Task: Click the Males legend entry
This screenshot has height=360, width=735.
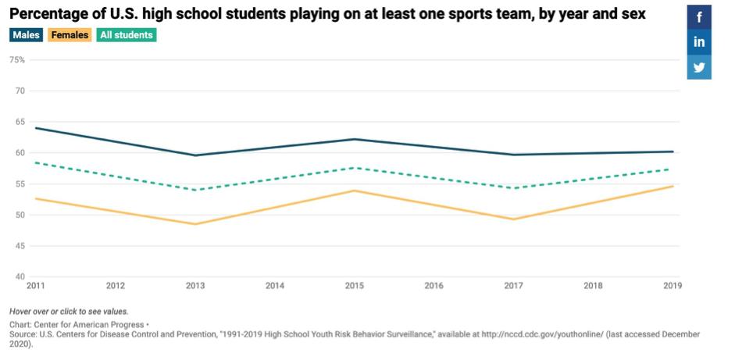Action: (26, 35)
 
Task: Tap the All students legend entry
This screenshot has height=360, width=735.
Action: (126, 35)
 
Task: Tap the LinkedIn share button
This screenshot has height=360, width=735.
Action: (699, 42)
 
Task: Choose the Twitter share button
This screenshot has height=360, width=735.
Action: (699, 67)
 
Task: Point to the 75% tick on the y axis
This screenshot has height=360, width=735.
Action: (17, 60)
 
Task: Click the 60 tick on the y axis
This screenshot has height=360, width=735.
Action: (21, 153)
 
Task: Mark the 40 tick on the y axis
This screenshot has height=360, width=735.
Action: (21, 276)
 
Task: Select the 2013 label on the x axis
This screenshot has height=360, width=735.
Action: (195, 286)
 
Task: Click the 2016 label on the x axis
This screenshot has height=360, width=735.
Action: (434, 286)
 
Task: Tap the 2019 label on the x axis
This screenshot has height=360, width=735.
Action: (673, 286)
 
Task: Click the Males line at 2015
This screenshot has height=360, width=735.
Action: (355, 139)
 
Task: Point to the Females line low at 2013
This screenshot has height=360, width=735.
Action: (195, 224)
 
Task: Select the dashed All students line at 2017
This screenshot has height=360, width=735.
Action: (514, 188)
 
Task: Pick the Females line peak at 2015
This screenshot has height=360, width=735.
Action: (355, 191)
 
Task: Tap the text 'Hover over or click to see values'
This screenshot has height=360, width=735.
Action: (69, 311)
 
